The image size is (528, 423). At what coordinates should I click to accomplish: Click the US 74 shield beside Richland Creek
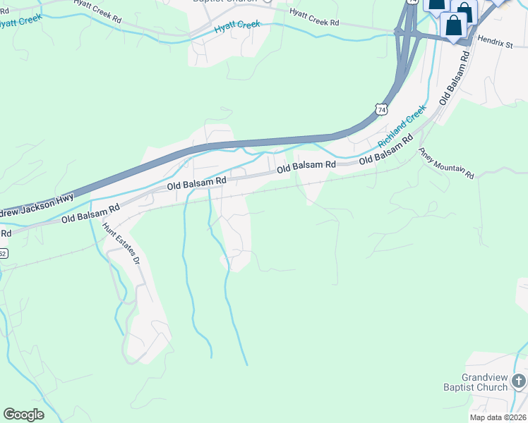pyautogui.click(x=381, y=110)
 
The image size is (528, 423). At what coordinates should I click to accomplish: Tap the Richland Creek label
pyautogui.click(x=402, y=126)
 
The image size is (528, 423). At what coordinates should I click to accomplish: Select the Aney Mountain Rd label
pyautogui.click(x=446, y=163)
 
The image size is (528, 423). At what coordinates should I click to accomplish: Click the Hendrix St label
pyautogui.click(x=493, y=44)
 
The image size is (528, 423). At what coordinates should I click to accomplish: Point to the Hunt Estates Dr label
pyautogui.click(x=121, y=244)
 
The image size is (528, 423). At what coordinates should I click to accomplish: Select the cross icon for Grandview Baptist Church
pyautogui.click(x=519, y=382)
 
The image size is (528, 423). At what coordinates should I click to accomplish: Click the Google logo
pyautogui.click(x=23, y=414)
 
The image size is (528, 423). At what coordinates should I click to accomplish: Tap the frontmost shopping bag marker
pyautogui.click(x=453, y=26)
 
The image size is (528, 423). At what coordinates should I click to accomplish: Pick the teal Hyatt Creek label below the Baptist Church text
pyautogui.click(x=237, y=25)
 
